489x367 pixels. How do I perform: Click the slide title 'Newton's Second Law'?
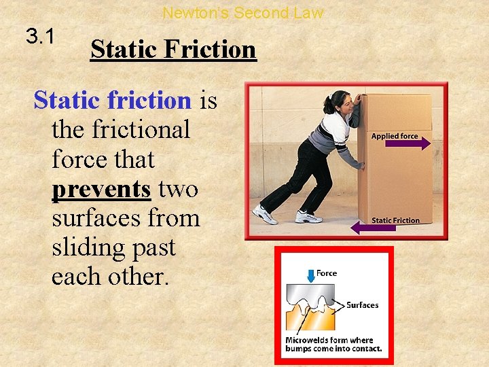243,13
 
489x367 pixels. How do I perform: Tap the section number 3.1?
41,37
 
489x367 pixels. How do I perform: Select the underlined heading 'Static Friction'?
173,50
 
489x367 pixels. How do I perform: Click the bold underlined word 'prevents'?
101,189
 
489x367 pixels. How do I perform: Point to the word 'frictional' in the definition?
120,129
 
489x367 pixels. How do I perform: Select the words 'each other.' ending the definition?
109,277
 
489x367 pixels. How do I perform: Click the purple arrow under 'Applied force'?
407,144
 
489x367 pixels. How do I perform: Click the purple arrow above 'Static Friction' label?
378,228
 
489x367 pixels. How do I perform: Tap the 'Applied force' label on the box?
395,136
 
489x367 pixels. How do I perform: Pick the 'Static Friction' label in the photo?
395,220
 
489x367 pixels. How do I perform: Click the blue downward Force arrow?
310,275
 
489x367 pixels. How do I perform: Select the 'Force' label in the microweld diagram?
327,273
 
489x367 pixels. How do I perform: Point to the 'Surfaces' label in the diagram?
362,305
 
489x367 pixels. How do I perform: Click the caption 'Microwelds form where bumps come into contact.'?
333,344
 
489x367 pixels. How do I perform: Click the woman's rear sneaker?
264,215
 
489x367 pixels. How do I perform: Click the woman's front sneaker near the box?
308,217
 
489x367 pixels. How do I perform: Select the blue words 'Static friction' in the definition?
113,101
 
